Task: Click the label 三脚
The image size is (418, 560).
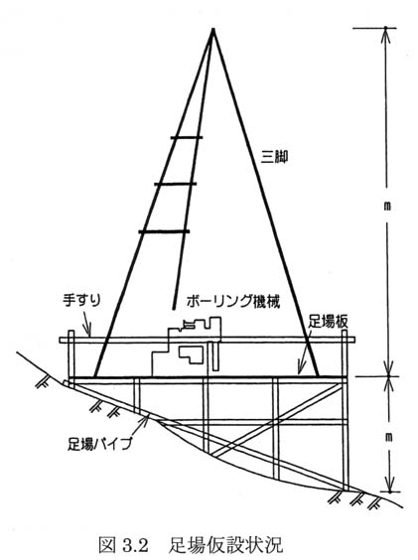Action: tap(274, 157)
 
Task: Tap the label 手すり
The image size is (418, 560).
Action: tap(81, 300)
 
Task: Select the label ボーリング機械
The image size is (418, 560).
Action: tap(232, 301)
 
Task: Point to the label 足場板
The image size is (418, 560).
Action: tap(328, 322)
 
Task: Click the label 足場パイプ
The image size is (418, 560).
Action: tap(99, 444)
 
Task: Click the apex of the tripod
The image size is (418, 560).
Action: tap(213, 29)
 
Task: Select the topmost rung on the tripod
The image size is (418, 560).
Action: tap(187, 137)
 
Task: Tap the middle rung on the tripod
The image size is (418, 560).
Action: tap(176, 184)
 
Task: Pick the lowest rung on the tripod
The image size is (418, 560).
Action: tap(164, 231)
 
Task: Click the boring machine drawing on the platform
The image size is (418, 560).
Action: tap(187, 347)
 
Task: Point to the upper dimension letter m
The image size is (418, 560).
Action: tap(387, 207)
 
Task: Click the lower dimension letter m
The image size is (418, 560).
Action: tap(389, 437)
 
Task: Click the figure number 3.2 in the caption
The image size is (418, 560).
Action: tap(135, 545)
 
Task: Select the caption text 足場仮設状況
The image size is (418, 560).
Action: tap(225, 545)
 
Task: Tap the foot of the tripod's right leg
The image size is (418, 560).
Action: tap(318, 375)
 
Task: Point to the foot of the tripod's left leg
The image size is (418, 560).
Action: tap(95, 375)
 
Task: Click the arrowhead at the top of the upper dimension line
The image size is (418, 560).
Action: tap(385, 35)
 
